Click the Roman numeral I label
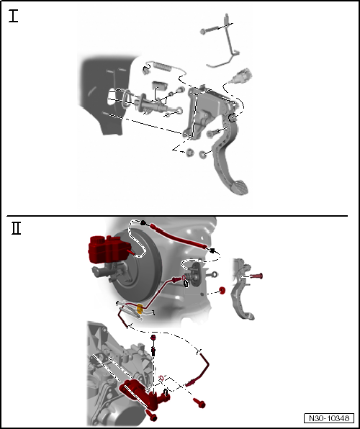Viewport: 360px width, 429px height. point(13,16)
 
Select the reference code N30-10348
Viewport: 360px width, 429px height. point(329,418)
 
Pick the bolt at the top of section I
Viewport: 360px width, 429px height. point(210,30)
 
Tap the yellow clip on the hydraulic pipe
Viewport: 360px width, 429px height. point(140,309)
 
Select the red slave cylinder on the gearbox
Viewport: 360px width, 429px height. point(143,394)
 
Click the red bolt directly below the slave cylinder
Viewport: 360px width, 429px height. point(151,415)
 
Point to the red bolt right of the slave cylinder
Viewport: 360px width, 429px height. point(199,403)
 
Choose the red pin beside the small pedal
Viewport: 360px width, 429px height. point(256,276)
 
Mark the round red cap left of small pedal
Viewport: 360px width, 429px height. point(222,290)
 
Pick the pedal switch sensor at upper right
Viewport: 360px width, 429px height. point(240,76)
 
